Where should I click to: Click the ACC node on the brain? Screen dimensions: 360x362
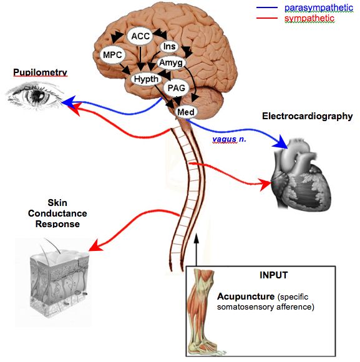point(140,36)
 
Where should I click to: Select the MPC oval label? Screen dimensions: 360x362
point(112,55)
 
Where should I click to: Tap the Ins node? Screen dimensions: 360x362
point(169,46)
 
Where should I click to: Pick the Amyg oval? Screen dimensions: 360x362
point(171,62)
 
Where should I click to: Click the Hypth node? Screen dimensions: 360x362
point(146,79)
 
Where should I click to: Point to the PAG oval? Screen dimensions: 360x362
point(177,88)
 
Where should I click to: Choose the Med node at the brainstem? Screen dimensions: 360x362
point(186,112)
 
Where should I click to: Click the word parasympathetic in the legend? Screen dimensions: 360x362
point(319,8)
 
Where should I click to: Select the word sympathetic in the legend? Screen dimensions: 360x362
point(309,18)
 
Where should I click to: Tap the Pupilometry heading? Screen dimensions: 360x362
point(40,72)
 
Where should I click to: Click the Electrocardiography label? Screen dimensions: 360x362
point(308,116)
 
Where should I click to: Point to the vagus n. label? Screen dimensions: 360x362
point(229,139)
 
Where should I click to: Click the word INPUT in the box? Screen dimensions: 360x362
point(274,275)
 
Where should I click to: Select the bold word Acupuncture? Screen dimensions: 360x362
point(246,296)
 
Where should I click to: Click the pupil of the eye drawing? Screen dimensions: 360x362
point(37,95)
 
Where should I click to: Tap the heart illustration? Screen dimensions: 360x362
point(301,174)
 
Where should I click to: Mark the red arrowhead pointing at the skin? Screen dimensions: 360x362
point(95,245)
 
